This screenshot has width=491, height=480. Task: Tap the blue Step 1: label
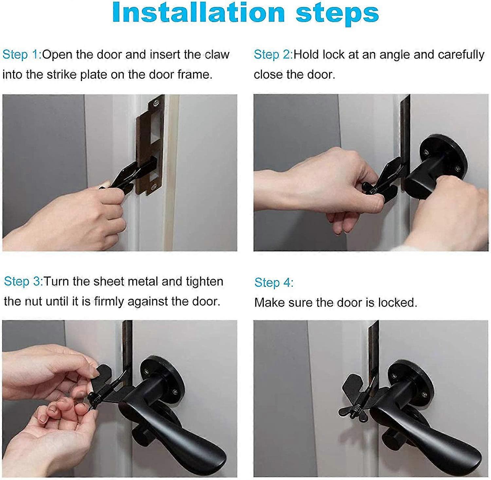[22, 55]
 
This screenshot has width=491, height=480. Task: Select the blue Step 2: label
[273, 55]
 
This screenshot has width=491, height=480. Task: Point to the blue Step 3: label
[23, 281]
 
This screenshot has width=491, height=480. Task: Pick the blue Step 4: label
[274, 283]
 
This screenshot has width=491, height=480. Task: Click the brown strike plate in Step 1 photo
[144, 144]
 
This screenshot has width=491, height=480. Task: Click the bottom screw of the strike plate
[153, 187]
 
